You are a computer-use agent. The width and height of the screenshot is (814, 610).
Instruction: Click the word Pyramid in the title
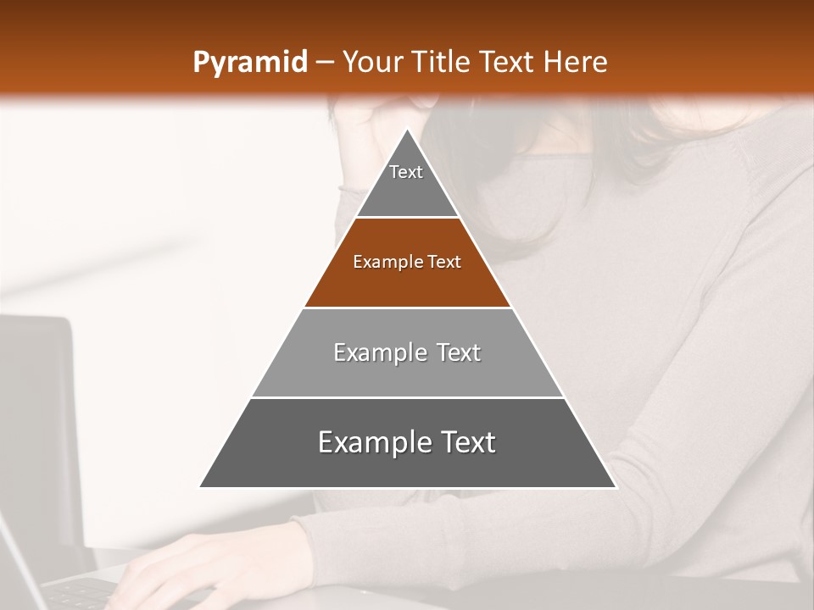(x=250, y=63)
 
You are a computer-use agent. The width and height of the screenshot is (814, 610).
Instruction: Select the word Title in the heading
(x=440, y=63)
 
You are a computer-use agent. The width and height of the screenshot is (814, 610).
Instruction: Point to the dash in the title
(x=325, y=63)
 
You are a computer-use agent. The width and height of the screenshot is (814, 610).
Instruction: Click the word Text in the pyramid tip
(x=406, y=172)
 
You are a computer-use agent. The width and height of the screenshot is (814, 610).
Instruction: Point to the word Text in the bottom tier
(x=464, y=442)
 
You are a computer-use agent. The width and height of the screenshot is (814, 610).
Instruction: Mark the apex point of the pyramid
(x=408, y=130)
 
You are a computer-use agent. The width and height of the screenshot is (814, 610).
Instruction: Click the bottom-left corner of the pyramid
(x=200, y=486)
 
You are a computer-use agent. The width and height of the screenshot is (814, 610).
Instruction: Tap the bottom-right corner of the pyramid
(x=615, y=486)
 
